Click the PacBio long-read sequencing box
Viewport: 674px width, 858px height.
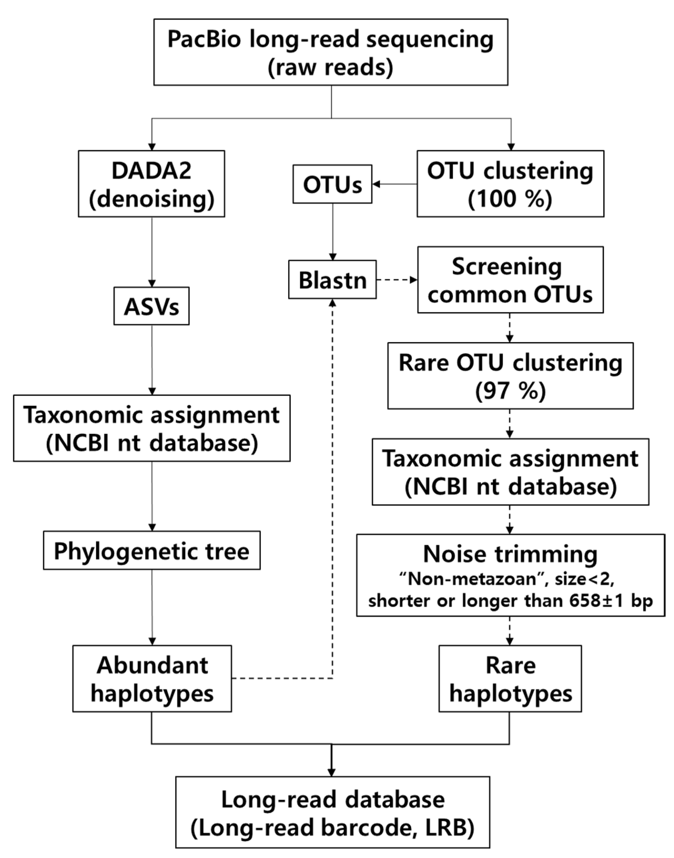[x=331, y=52]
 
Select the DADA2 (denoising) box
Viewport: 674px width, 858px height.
[x=152, y=184]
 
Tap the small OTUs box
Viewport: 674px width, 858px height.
[x=332, y=184]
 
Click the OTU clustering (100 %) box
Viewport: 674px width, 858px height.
[x=510, y=184]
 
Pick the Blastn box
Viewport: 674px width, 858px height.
[x=332, y=280]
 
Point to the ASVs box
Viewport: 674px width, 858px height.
[x=152, y=306]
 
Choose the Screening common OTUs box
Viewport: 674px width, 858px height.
[x=510, y=280]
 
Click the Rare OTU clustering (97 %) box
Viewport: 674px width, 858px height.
[x=510, y=376]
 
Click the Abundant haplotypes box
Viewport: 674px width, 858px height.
[x=152, y=679]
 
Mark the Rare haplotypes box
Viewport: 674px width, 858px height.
[x=510, y=679]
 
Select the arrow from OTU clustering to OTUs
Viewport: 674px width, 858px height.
[x=394, y=184]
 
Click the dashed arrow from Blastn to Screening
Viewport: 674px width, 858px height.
[x=396, y=280]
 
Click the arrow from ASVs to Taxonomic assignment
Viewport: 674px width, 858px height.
[x=152, y=359]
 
